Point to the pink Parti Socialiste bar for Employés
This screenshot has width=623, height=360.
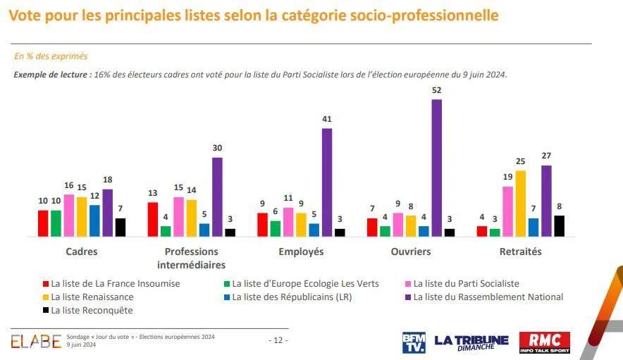tap(288, 221)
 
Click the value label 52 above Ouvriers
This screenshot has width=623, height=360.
tap(437, 91)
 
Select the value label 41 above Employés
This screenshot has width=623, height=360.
tap(326, 120)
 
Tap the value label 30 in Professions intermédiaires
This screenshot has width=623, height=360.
tap(216, 149)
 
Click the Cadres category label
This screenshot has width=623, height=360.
tap(82, 252)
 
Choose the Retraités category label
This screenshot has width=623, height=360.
tap(520, 252)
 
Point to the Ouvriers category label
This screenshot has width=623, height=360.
tap(411, 252)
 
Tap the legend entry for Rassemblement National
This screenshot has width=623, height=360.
tap(488, 297)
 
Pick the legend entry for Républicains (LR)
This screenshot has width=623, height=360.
tap(291, 297)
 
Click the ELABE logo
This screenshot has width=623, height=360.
tap(35, 341)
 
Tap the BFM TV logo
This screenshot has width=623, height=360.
tap(414, 342)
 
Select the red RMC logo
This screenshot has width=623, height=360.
tap(545, 342)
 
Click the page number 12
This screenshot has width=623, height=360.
tap(278, 340)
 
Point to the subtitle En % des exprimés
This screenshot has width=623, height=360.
tap(51, 56)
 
